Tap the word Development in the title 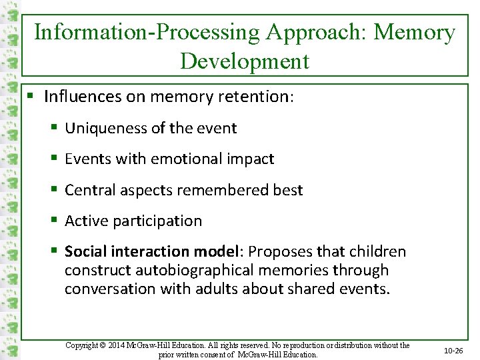[245, 61]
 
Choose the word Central [89, 190]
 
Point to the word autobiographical [199, 270]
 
